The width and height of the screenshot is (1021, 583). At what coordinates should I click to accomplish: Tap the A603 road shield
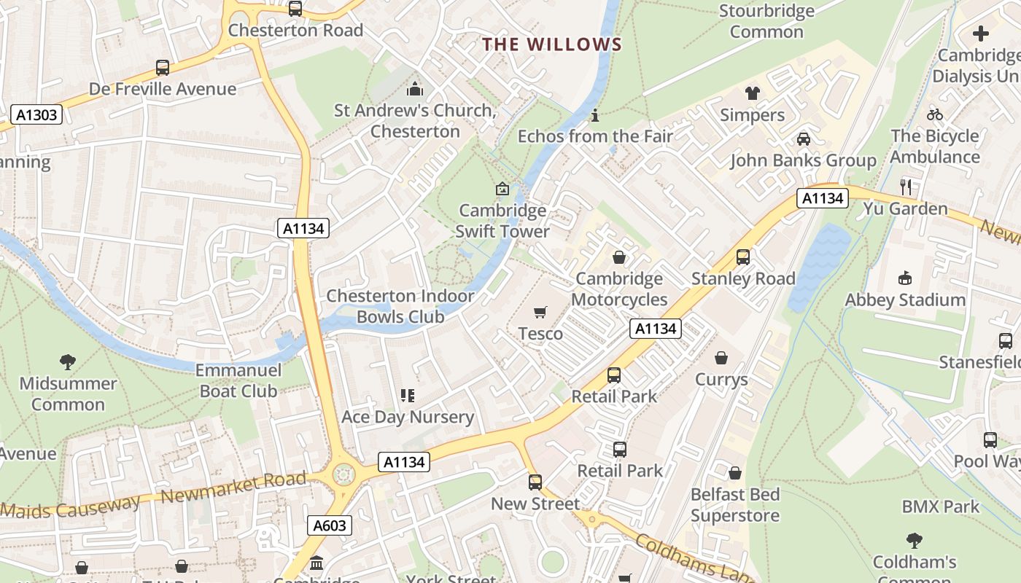330,525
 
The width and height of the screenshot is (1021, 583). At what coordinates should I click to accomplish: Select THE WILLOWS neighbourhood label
552,44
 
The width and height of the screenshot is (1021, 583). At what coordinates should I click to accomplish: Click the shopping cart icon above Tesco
540,313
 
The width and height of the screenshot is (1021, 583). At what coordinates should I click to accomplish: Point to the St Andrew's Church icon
415,90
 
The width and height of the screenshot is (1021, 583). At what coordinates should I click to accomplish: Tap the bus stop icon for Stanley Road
743,257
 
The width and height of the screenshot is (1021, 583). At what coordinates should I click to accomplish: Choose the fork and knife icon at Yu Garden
906,187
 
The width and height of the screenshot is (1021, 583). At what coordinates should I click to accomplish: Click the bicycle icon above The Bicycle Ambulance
935,114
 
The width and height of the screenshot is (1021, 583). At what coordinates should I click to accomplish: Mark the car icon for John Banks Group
804,139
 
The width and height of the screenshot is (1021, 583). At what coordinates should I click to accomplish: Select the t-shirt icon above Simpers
752,93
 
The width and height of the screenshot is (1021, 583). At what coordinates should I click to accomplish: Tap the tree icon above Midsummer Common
68,361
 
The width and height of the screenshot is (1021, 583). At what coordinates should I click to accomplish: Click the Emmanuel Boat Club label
238,380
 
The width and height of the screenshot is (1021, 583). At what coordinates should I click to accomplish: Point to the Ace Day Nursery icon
408,396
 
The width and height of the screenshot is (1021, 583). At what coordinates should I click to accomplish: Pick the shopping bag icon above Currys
721,358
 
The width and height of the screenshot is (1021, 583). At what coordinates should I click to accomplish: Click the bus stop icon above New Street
535,482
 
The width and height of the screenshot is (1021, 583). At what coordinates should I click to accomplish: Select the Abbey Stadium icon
905,278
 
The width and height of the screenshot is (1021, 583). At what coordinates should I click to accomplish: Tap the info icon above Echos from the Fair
595,115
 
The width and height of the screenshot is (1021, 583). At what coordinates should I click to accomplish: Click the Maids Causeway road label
70,507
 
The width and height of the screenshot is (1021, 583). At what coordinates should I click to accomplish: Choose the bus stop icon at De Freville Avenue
163,68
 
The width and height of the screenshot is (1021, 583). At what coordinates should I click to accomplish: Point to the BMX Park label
941,506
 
